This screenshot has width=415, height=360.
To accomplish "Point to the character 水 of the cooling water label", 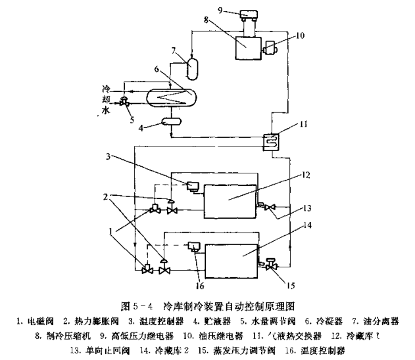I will coord(106,112).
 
